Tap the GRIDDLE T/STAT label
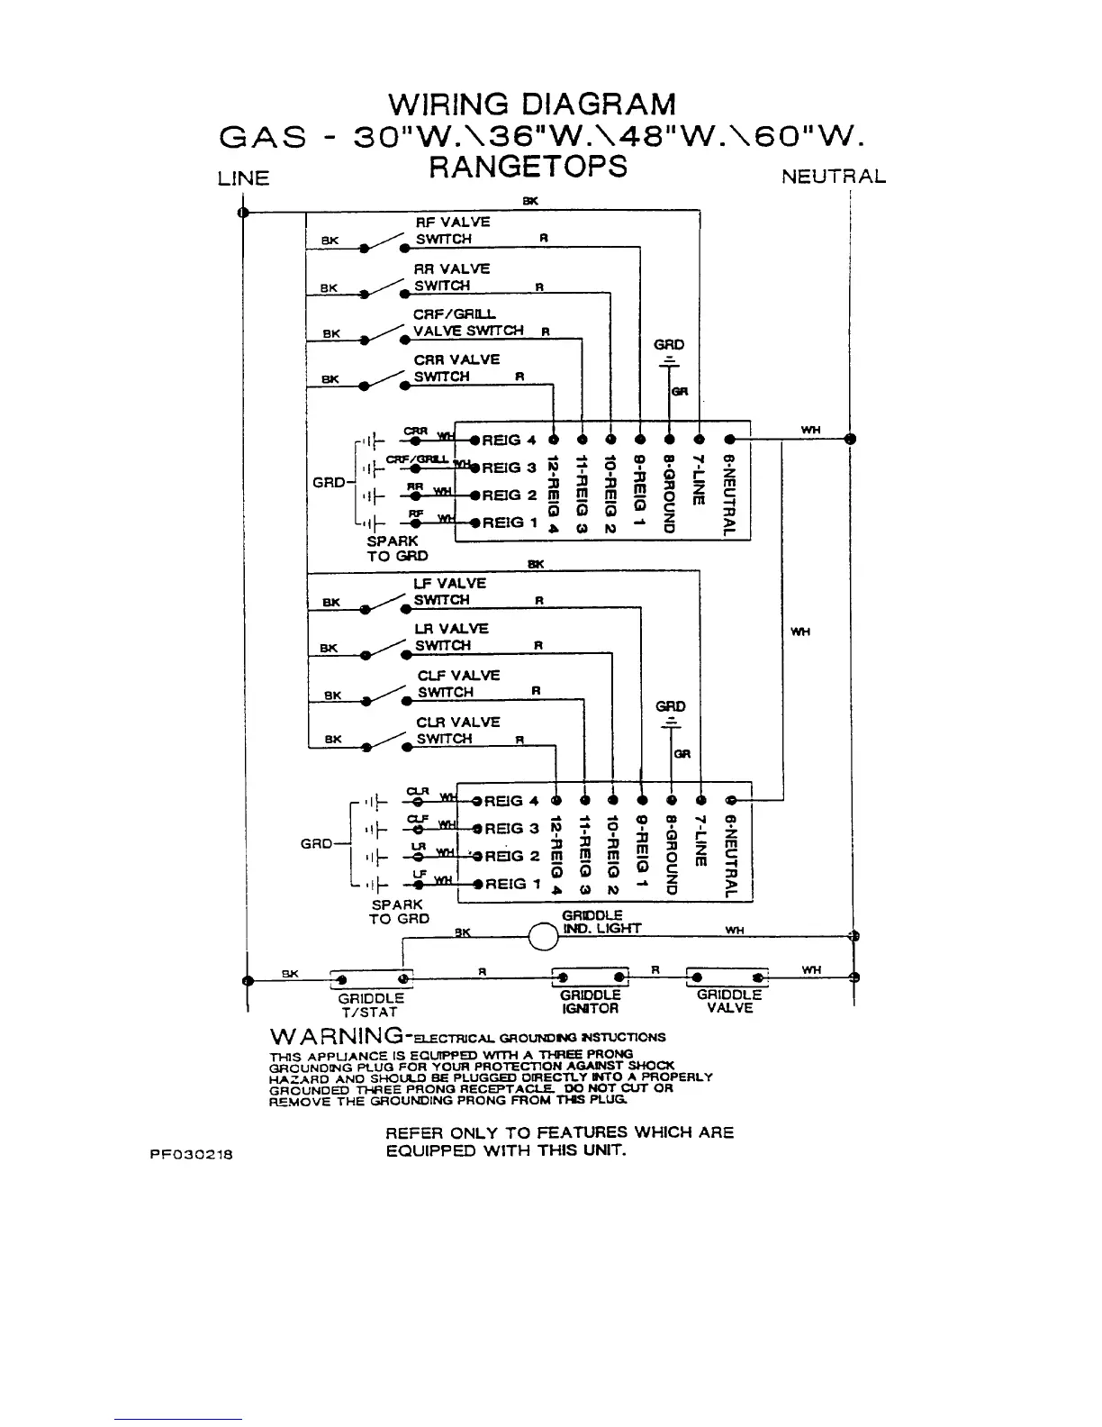pyautogui.click(x=371, y=1005)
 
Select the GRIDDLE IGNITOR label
pyautogui.click(x=590, y=1002)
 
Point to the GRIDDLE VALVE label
pyautogui.click(x=729, y=1001)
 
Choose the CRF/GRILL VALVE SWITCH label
pyautogui.click(x=467, y=323)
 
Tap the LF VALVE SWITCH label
pyautogui.click(x=449, y=592)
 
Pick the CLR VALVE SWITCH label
pyautogui.click(x=457, y=731)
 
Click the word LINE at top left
pyautogui.click(x=243, y=178)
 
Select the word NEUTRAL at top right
pyautogui.click(x=833, y=177)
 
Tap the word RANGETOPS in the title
pyautogui.click(x=528, y=167)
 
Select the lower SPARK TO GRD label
pyautogui.click(x=398, y=912)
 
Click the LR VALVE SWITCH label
pyautogui.click(x=451, y=637)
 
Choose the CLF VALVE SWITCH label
pyautogui.click(x=457, y=684)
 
